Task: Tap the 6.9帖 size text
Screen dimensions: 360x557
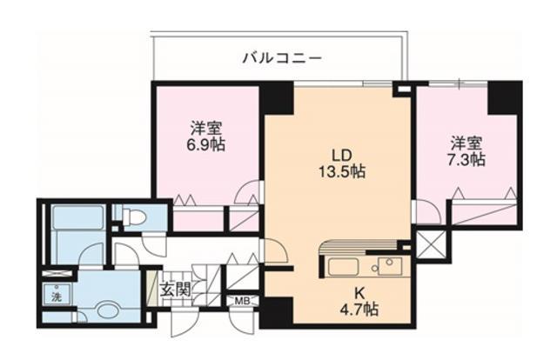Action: tap(207, 144)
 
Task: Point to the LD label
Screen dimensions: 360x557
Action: tap(340, 154)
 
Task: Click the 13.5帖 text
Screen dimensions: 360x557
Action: tap(341, 171)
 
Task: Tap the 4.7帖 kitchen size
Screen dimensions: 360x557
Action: tap(359, 308)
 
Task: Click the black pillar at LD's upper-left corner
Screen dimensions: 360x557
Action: tap(277, 98)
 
